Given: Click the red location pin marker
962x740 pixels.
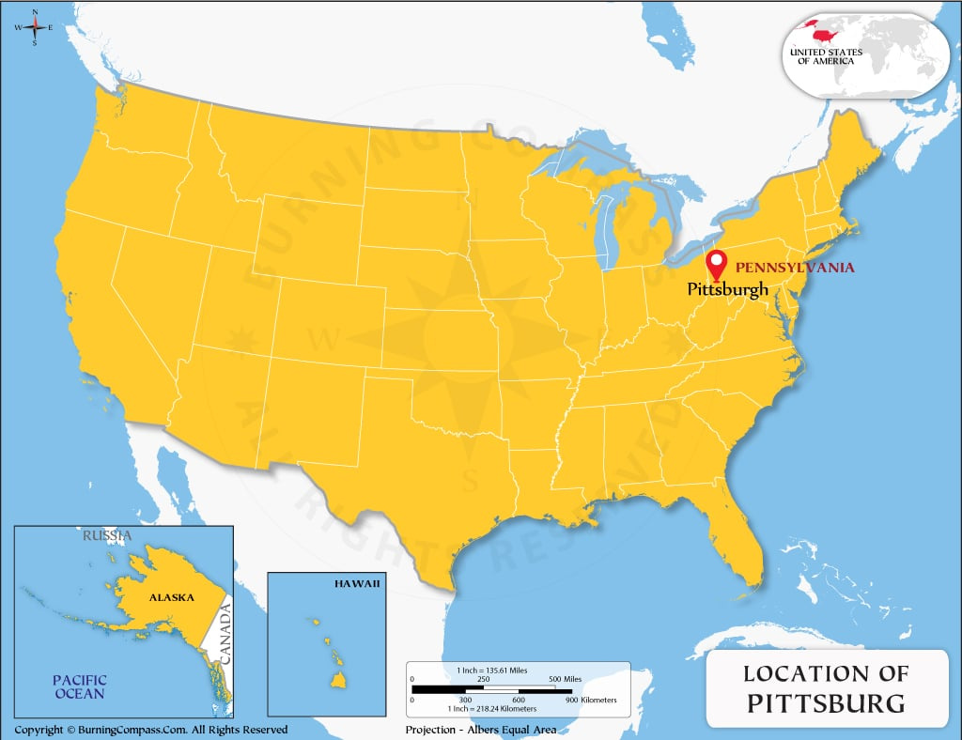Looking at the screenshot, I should tap(717, 265).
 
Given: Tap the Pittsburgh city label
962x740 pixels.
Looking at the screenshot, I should tap(728, 289).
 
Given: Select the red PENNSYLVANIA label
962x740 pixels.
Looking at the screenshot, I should tap(795, 268).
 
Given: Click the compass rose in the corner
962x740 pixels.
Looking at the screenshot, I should tap(35, 27).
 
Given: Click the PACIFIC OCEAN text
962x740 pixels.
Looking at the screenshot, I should tap(79, 686).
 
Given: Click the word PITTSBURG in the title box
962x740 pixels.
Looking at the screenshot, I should tap(827, 702).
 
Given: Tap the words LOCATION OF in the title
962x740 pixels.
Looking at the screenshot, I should tap(827, 673).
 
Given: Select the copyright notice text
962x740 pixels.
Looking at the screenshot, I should tap(151, 730).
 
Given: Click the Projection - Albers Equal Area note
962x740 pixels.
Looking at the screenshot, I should tap(481, 730).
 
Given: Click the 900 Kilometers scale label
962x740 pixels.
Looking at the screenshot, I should tap(592, 701).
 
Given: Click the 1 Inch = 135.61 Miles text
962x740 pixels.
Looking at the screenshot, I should tap(491, 670).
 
